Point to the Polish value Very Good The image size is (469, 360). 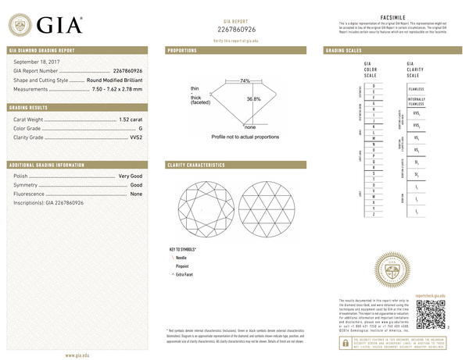130,177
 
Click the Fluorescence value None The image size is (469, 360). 135,194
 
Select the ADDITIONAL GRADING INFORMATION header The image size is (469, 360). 46,166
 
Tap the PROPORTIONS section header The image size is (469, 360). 184,50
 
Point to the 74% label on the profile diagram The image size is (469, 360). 245,80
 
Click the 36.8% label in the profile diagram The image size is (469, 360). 254,99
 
